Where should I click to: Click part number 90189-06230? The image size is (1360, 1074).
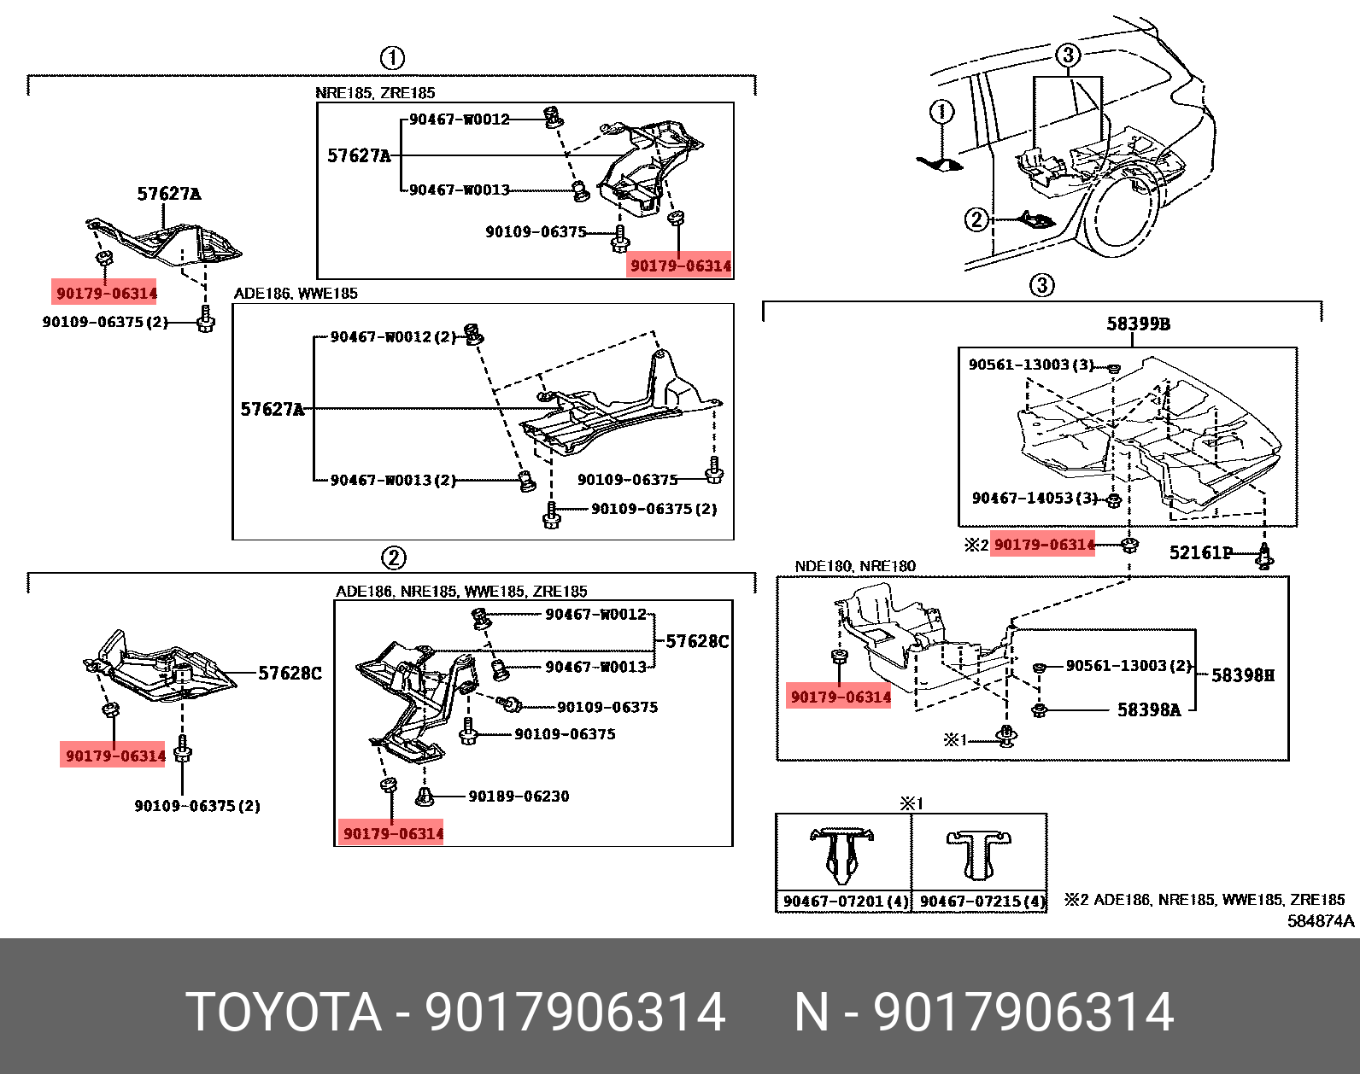point(519,796)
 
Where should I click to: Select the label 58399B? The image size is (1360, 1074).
point(1138,324)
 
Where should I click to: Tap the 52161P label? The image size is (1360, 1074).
point(1200,552)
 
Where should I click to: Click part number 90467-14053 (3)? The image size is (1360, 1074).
point(1034,498)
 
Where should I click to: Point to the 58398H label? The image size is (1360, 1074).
point(1242,675)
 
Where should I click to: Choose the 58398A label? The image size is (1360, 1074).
point(1148,709)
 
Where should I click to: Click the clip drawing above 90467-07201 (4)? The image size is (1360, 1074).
point(842,856)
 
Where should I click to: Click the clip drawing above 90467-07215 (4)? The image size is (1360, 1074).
point(979,856)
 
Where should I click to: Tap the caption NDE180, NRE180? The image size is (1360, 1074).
point(854,566)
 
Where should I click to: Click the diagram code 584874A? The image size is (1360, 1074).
point(1320,920)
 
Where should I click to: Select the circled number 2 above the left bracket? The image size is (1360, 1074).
point(392,558)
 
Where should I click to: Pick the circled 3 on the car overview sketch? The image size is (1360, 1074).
point(1068,55)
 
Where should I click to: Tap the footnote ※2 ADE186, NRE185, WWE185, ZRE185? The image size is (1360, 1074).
point(1205,900)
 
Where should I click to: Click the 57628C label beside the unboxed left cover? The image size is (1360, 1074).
point(290,674)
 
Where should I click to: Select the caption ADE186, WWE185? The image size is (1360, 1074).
point(296,294)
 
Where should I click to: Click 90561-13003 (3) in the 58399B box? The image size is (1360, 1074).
point(1030,365)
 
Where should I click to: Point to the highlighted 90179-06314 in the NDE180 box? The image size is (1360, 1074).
point(841,697)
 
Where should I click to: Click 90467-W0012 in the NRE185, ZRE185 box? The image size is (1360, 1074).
point(459,120)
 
